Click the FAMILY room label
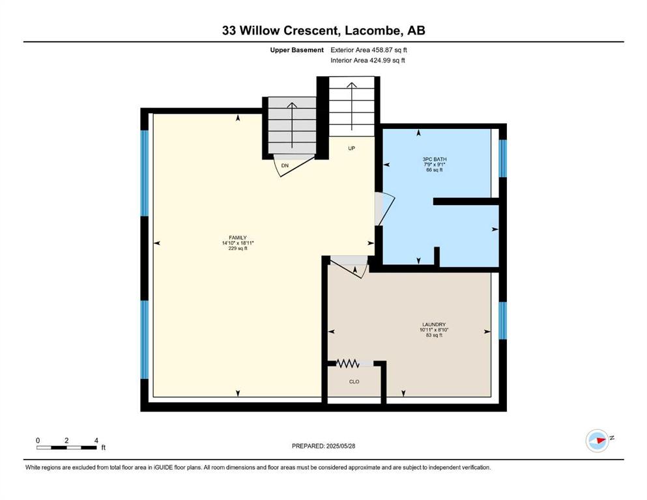[x=238, y=238]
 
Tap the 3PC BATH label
[x=435, y=159]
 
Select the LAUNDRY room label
[x=434, y=324]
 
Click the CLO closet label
[x=354, y=382]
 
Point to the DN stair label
[x=285, y=165]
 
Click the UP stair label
[x=352, y=148]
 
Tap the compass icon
[x=597, y=441]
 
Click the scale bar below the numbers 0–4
[x=66, y=448]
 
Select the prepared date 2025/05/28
[x=340, y=446]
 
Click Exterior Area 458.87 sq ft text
[x=369, y=50]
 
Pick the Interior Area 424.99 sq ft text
[x=367, y=60]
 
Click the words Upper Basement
[x=296, y=50]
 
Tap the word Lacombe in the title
[x=373, y=31]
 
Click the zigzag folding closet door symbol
[x=347, y=363]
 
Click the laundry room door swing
[x=349, y=267]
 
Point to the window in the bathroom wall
[x=502, y=159]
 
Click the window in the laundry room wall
[x=502, y=321]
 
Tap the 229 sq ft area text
[x=238, y=249]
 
